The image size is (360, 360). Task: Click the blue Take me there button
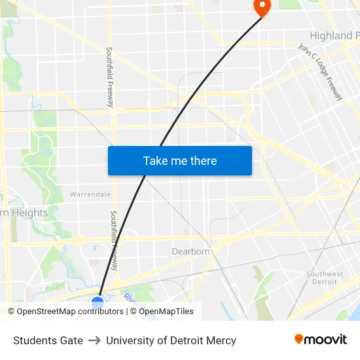click(x=180, y=161)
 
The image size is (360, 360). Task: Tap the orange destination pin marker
click(x=261, y=7)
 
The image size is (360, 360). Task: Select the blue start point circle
click(x=98, y=302)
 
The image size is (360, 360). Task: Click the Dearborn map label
click(x=190, y=251)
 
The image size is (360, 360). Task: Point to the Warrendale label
click(x=90, y=194)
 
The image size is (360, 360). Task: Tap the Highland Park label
click(x=334, y=35)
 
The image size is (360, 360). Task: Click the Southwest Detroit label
click(x=325, y=278)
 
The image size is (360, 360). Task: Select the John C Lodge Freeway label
click(x=320, y=72)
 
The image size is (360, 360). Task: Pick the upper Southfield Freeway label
click(x=109, y=77)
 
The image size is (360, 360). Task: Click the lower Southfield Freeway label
click(x=114, y=240)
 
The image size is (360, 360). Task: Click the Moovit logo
click(x=320, y=340)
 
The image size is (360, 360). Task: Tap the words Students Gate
click(x=48, y=340)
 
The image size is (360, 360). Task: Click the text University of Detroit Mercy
click(x=171, y=340)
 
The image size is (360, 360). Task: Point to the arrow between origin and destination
click(x=94, y=340)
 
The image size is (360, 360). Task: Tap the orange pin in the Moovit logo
click(x=299, y=339)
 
